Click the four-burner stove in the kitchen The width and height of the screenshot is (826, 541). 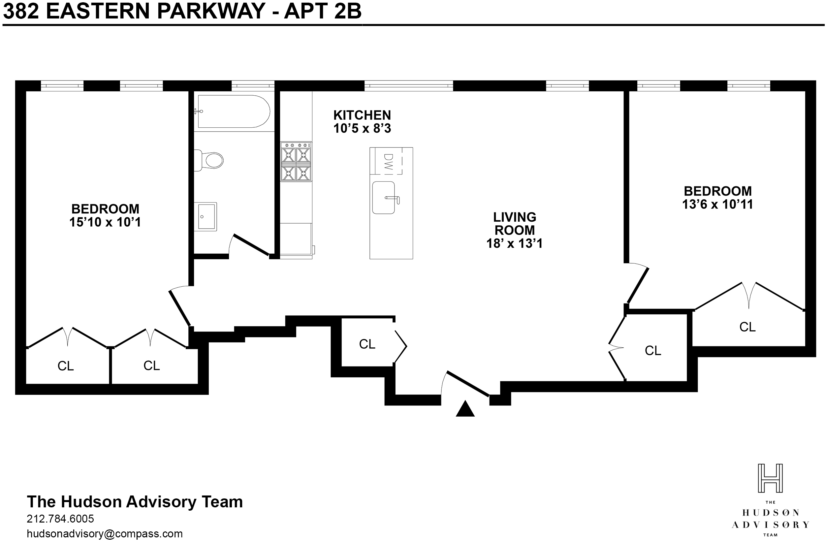point(296,162)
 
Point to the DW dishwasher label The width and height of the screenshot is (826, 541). point(388,162)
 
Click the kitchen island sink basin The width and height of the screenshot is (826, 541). point(384,198)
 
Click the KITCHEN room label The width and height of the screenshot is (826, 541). point(362,115)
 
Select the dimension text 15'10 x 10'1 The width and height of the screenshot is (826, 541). point(105,222)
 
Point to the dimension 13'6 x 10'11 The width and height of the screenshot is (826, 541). point(718,205)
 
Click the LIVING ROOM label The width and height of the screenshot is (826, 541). point(515,223)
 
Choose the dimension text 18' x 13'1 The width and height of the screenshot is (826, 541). point(514,243)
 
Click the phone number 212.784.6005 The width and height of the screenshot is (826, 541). point(60,519)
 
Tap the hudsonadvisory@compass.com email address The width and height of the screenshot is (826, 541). point(105,533)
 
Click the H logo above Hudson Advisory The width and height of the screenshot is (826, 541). point(770,478)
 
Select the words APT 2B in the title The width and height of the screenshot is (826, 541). point(323,11)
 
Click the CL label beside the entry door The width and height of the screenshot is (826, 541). point(367,344)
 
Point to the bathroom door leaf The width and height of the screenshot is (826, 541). point(252,245)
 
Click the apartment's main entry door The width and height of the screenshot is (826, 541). point(468,383)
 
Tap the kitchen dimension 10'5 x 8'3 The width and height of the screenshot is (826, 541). point(362,128)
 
